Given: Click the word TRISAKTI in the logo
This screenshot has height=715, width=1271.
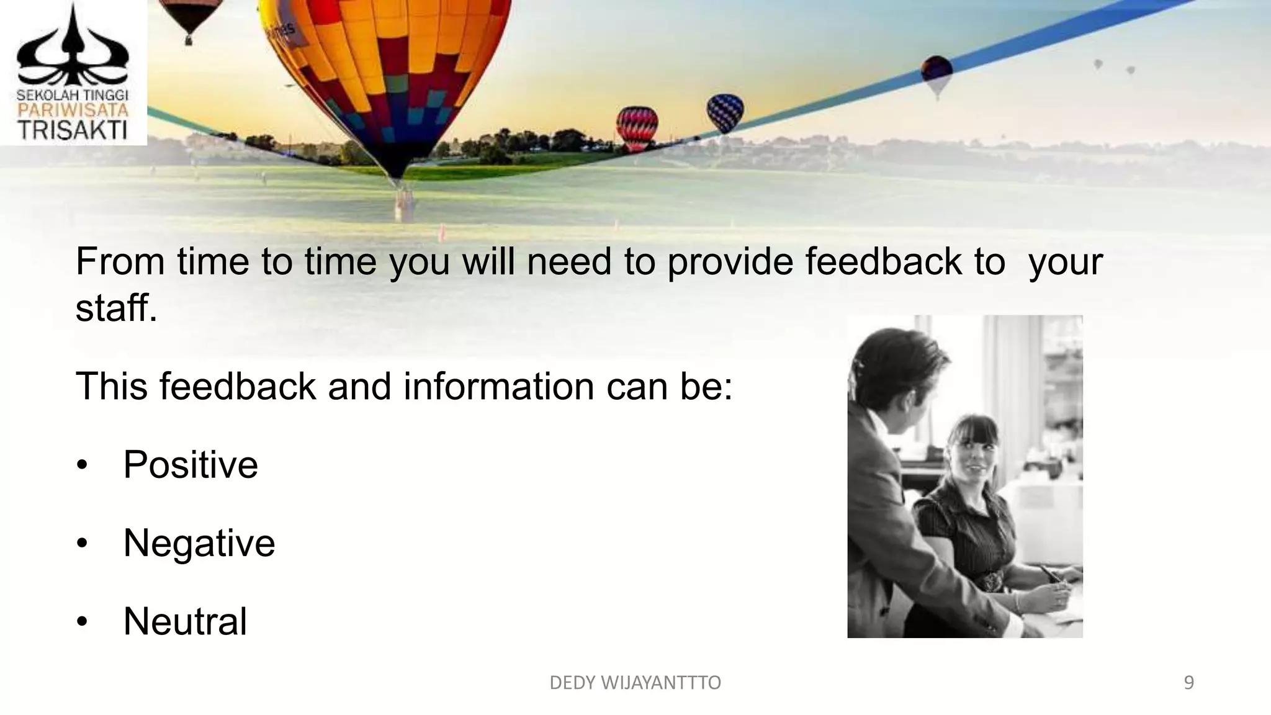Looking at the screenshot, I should (72, 131).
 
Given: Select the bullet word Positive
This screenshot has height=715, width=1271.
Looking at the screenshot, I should (191, 464).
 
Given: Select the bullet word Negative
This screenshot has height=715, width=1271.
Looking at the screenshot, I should (199, 543).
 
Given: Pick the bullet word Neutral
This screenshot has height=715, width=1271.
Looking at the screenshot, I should (185, 621).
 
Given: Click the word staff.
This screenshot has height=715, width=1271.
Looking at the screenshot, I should (116, 307).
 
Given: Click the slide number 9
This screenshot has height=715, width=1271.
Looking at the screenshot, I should (1188, 683).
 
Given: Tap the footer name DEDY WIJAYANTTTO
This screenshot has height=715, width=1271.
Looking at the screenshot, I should (635, 683).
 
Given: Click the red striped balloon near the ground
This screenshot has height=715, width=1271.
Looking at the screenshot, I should (637, 128).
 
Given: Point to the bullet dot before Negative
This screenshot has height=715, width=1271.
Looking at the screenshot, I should (83, 544).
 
